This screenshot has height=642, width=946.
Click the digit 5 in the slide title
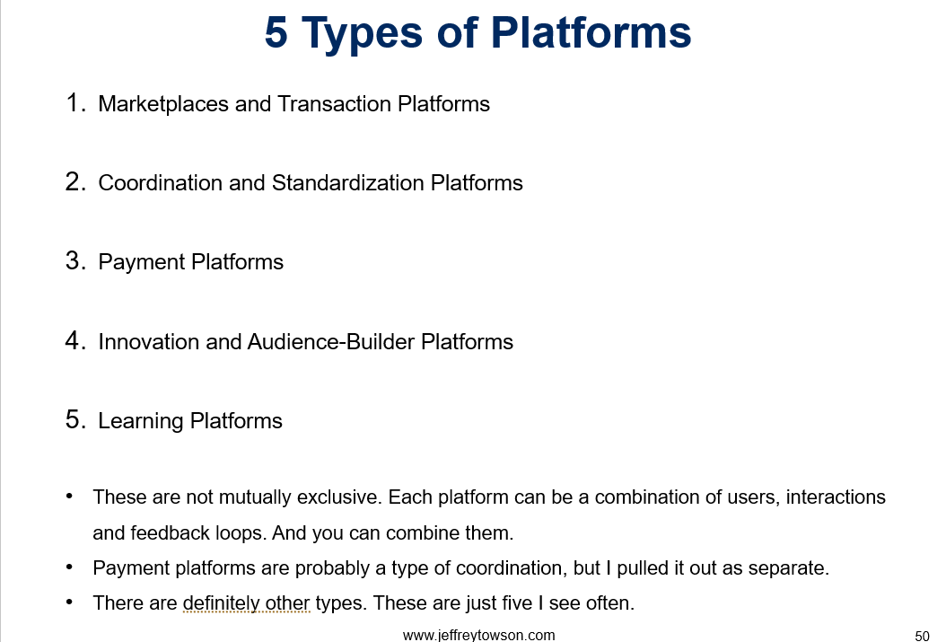point(276,32)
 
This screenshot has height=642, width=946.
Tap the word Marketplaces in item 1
point(163,104)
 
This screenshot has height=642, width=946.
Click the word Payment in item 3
point(142,262)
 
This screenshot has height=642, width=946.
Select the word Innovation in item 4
point(148,342)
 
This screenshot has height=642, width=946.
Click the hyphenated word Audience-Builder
point(331,342)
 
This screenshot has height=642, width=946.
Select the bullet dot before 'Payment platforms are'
point(69,567)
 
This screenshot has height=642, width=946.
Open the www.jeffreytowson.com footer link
point(479,635)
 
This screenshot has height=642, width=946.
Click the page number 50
point(923,636)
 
